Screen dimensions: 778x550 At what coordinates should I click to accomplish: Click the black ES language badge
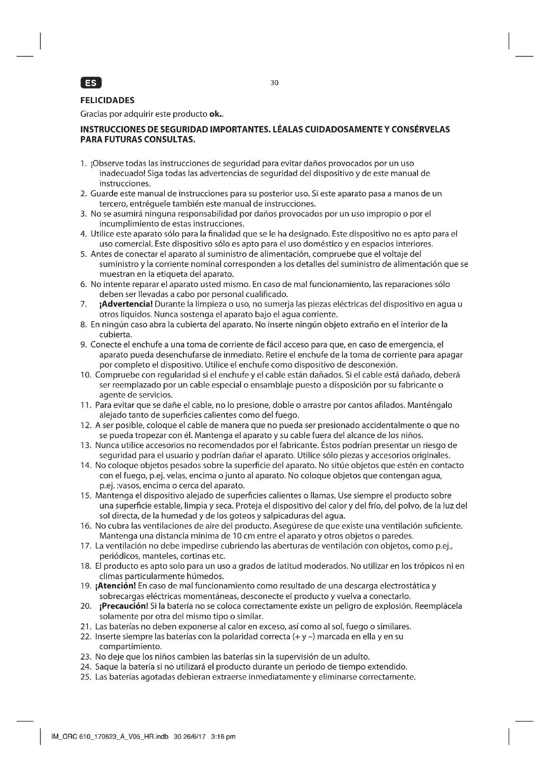coord(91,83)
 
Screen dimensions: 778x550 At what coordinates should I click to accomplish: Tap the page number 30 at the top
coord(274,83)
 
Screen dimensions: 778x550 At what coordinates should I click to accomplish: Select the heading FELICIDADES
coord(107,100)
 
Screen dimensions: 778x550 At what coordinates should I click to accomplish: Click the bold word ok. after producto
coord(216,114)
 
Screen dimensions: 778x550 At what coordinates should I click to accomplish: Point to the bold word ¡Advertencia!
coord(126,304)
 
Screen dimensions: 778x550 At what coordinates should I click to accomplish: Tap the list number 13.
coord(86,445)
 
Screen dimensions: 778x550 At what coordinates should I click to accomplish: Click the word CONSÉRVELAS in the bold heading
coord(420,129)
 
